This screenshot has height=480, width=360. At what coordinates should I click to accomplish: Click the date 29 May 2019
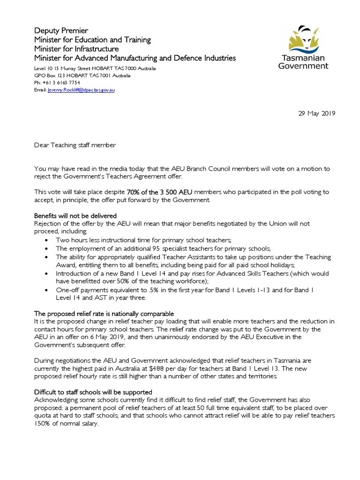point(317,113)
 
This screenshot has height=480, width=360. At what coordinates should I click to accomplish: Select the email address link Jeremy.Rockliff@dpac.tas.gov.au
point(81,90)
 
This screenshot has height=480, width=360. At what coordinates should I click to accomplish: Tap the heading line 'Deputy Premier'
point(61,30)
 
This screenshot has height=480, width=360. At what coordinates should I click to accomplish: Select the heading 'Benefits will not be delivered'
point(75,216)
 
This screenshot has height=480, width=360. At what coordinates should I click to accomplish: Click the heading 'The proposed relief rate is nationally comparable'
point(104,313)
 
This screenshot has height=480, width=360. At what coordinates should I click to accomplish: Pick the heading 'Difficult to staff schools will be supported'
point(93,392)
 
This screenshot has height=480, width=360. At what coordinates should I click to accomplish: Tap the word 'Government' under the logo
point(303,66)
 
